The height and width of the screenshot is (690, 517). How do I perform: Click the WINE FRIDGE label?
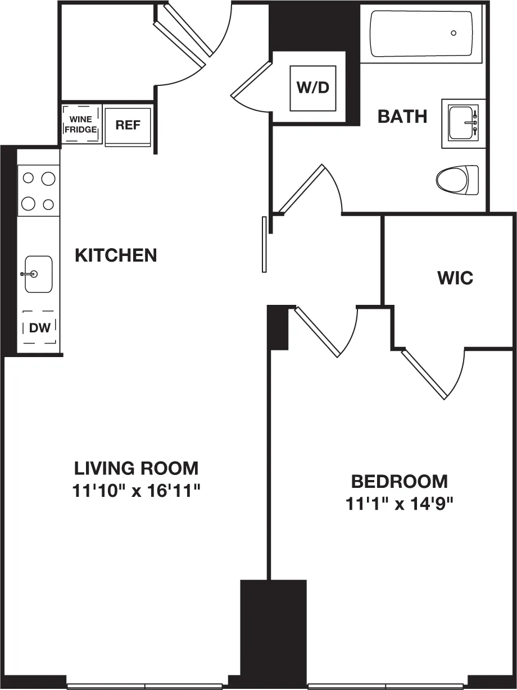[x=81, y=124]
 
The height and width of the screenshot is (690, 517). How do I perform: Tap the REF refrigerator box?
[x=128, y=126]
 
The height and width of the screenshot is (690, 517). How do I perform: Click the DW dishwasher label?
[x=39, y=328]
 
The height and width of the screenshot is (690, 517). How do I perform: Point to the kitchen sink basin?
[x=38, y=274]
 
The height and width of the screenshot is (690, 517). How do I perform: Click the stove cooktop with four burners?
[x=38, y=191]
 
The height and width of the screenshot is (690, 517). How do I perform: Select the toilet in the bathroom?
[x=456, y=180]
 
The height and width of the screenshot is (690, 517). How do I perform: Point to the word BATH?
[x=402, y=116]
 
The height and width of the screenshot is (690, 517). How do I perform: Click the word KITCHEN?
[x=116, y=255]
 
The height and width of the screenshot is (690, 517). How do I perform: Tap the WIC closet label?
[x=455, y=278]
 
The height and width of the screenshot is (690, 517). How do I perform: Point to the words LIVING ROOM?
[x=137, y=468]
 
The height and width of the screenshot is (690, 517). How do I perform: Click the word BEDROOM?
[x=400, y=481]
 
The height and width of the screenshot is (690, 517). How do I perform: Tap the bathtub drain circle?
[x=453, y=33]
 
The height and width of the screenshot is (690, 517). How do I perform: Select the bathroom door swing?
[x=315, y=190]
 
